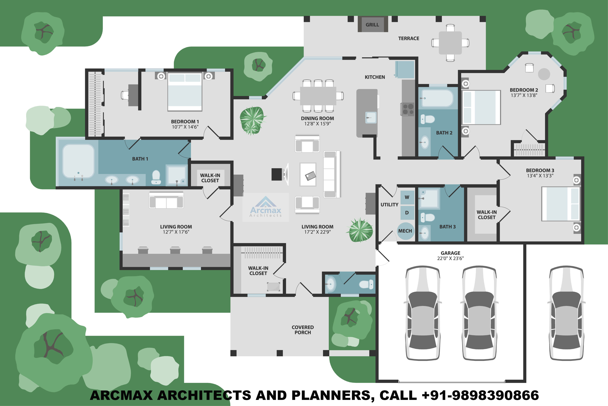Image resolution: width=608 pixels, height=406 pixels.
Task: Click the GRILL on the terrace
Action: (372, 24)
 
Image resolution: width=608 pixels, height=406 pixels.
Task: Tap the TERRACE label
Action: (408, 39)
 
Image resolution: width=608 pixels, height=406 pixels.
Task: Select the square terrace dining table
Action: (450, 43)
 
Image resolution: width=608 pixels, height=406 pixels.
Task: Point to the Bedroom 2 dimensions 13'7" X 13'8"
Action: (524, 95)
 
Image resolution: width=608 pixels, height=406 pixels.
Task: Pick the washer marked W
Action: (407, 197)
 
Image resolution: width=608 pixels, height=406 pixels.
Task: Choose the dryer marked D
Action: (407, 213)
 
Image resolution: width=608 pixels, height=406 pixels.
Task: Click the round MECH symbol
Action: (405, 231)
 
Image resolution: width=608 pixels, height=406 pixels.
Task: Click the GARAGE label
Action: (451, 253)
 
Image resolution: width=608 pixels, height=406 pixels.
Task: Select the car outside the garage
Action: (566, 313)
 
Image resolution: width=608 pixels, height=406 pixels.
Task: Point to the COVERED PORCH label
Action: (302, 330)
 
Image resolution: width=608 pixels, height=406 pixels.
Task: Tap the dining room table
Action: (318, 96)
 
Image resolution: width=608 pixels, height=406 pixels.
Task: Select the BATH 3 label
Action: (447, 227)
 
